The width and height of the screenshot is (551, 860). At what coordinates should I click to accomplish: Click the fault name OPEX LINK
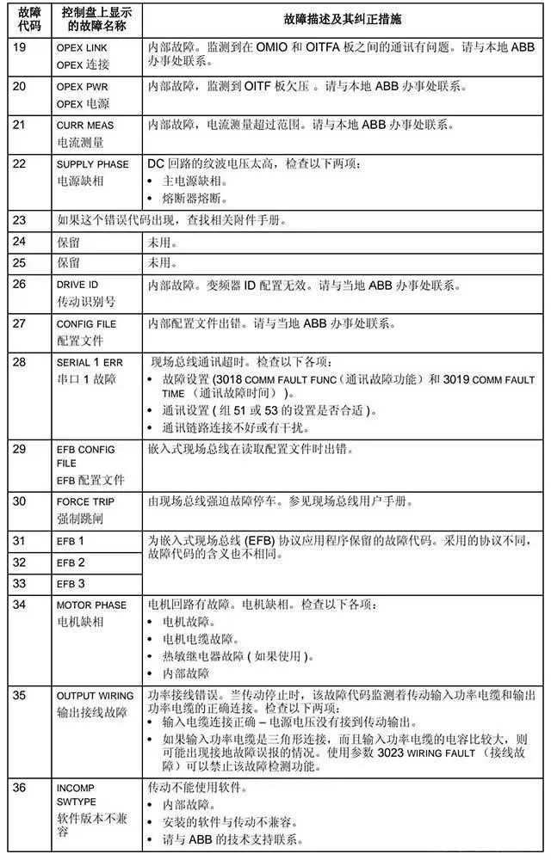82,48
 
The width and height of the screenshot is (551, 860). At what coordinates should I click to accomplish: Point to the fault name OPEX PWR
82,87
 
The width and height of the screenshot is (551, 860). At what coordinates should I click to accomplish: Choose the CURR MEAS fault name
85,126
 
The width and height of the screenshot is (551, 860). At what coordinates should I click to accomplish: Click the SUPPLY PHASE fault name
93,163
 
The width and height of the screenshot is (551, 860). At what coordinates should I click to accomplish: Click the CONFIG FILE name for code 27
86,324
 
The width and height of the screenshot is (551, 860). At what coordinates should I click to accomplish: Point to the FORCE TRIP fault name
85,501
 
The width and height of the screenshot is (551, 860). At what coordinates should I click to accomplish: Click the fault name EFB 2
71,562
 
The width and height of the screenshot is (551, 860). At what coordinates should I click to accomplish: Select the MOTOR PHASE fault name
91,605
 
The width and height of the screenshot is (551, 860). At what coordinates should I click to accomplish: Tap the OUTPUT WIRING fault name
95,696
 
